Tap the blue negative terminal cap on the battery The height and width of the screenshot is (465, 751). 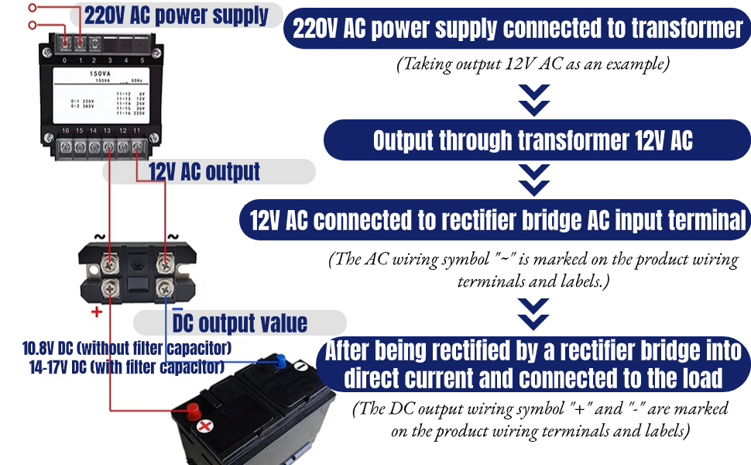pos(282,359)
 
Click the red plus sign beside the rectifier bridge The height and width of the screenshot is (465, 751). pos(97,312)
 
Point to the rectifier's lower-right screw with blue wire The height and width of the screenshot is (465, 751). pos(165,289)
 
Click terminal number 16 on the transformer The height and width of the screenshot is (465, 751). pos(65,131)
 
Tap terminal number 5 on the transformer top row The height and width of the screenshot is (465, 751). pos(142,60)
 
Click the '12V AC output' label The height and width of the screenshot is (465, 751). pos(204,171)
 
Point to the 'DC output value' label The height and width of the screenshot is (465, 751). pos(240,322)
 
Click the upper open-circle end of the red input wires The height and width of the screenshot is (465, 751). pos(32,7)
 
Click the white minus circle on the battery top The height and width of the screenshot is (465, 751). pos(204,426)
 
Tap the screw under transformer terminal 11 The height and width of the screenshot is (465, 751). pos(137,145)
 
